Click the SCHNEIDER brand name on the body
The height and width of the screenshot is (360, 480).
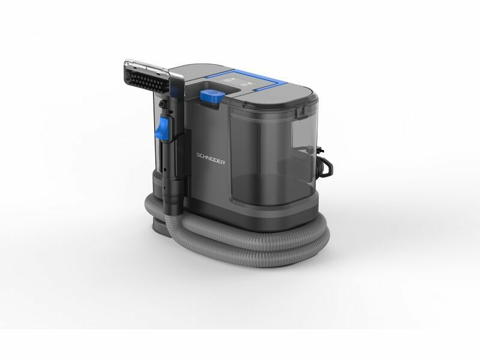click(211, 158)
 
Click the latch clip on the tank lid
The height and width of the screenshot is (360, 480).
click(301, 112)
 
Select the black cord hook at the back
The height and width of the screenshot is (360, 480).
click(327, 168)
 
